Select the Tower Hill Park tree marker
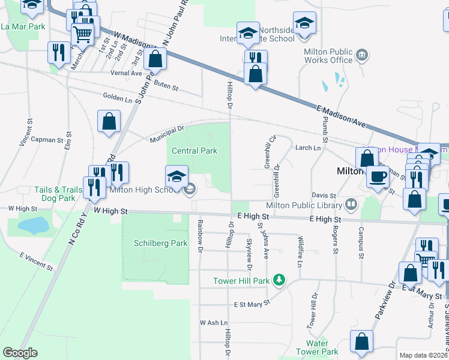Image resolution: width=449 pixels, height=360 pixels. pyautogui.click(x=279, y=280)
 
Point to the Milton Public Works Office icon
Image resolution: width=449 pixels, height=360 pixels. pyautogui.click(x=362, y=56)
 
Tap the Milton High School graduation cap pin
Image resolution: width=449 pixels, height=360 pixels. pyautogui.click(x=176, y=176)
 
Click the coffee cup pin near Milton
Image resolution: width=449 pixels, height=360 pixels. pyautogui.click(x=378, y=176)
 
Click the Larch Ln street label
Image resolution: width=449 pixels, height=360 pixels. pyautogui.click(x=307, y=148)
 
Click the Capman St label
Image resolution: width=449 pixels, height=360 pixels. pyautogui.click(x=47, y=140)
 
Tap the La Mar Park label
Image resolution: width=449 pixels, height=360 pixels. pyautogui.click(x=23, y=26)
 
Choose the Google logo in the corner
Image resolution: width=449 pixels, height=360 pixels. pyautogui.click(x=20, y=353)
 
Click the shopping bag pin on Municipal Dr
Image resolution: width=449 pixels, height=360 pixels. pyautogui.click(x=109, y=121)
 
